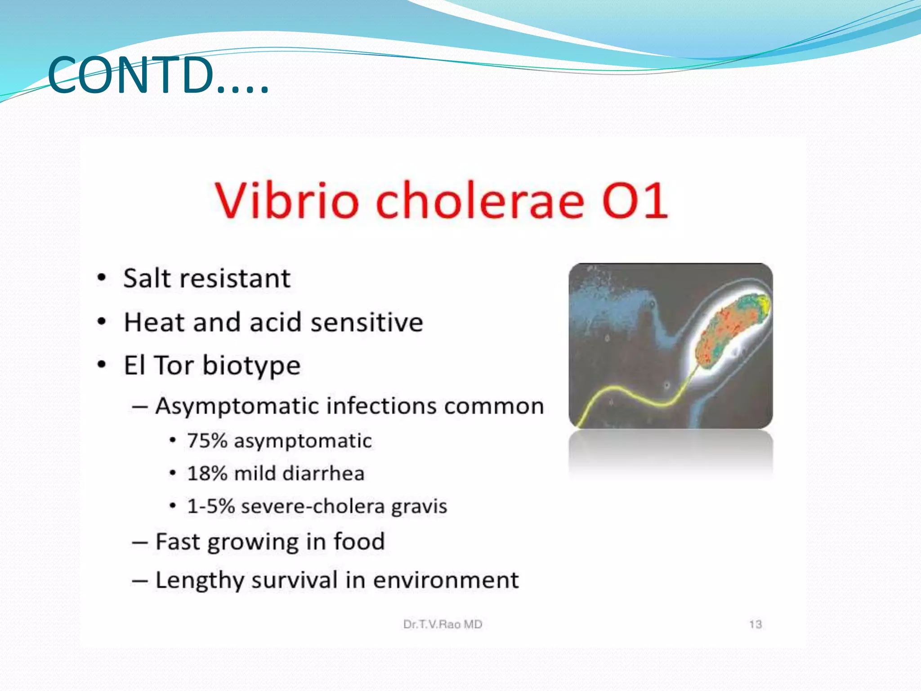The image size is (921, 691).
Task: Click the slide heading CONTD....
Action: tap(157, 75)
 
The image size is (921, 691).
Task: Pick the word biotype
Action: tap(251, 365)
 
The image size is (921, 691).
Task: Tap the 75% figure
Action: tap(207, 440)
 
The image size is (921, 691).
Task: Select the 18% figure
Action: tap(207, 473)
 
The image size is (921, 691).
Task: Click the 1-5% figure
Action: tap(210, 506)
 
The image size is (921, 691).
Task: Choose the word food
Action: tap(359, 541)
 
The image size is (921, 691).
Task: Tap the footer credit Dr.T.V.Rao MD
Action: tap(443, 624)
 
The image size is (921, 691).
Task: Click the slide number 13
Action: tap(755, 624)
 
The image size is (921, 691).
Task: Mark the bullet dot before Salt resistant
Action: tap(102, 278)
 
